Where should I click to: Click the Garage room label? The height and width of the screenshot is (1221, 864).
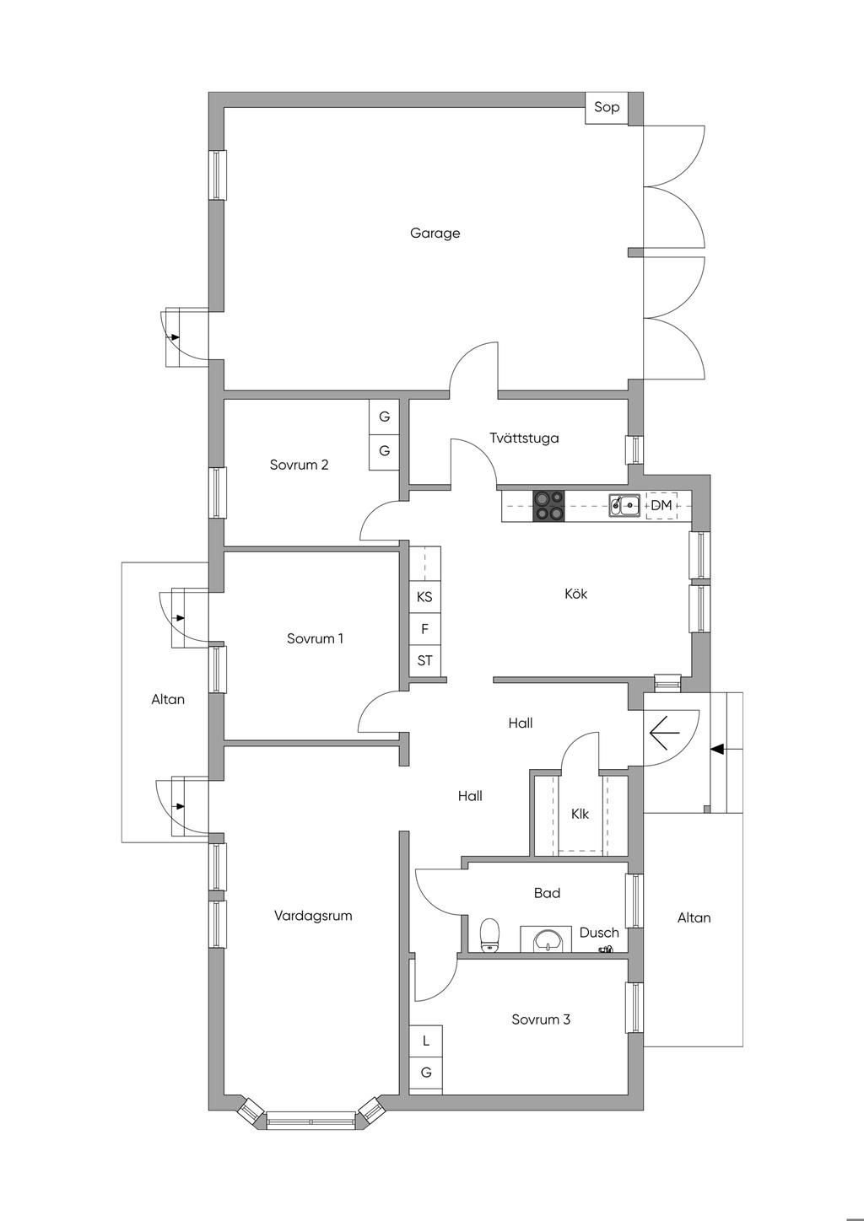coord(435,234)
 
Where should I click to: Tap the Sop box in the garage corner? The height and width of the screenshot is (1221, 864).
coord(607,107)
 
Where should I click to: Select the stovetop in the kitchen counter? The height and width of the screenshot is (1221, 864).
coord(548,506)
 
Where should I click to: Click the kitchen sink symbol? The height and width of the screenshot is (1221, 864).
coord(624,505)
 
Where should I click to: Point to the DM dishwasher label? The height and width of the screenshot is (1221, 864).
coord(661,505)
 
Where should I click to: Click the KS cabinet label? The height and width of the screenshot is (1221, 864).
coord(424,597)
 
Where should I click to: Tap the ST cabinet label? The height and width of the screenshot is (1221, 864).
coord(425,660)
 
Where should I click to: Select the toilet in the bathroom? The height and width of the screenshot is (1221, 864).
coord(489,934)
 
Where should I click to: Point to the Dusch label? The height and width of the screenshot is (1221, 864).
coord(599,933)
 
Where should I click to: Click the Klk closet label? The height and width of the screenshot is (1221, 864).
coord(580,814)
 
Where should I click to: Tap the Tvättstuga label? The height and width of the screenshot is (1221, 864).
coord(524,438)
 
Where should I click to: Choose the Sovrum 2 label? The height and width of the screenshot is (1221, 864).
coord(299,465)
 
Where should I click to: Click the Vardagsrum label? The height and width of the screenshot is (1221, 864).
coord(313,916)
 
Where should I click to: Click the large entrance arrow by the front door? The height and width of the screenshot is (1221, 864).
coord(664,733)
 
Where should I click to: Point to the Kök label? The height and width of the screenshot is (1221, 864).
coord(576,594)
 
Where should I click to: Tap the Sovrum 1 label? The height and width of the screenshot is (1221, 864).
coord(316,638)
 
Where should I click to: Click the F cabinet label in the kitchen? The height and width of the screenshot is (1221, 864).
coord(425,629)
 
